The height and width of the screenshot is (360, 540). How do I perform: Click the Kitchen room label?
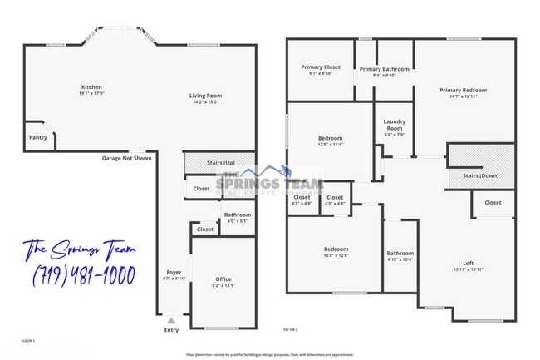[91, 87]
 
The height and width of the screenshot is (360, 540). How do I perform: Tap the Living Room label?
[207, 96]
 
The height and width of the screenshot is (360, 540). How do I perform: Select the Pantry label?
[38, 137]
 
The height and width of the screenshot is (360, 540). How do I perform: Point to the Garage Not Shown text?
[126, 158]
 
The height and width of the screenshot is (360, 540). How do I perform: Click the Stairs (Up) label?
[220, 163]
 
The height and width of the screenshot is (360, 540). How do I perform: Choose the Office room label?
[223, 279]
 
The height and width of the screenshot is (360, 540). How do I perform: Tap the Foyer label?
[174, 272]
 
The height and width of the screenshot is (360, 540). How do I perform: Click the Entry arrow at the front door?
[171, 319]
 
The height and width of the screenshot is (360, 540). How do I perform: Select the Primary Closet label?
[320, 67]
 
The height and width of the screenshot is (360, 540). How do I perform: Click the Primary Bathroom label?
[384, 69]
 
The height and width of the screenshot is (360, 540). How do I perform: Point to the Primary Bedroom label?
[463, 90]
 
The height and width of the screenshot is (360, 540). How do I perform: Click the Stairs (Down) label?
[481, 176]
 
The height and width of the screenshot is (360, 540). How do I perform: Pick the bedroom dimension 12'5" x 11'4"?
[330, 144]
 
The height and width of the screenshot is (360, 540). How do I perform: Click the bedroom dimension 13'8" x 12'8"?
[336, 255]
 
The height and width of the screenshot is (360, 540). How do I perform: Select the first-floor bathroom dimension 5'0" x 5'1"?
[238, 221]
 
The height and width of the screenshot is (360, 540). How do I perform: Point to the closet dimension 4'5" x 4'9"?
[302, 203]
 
